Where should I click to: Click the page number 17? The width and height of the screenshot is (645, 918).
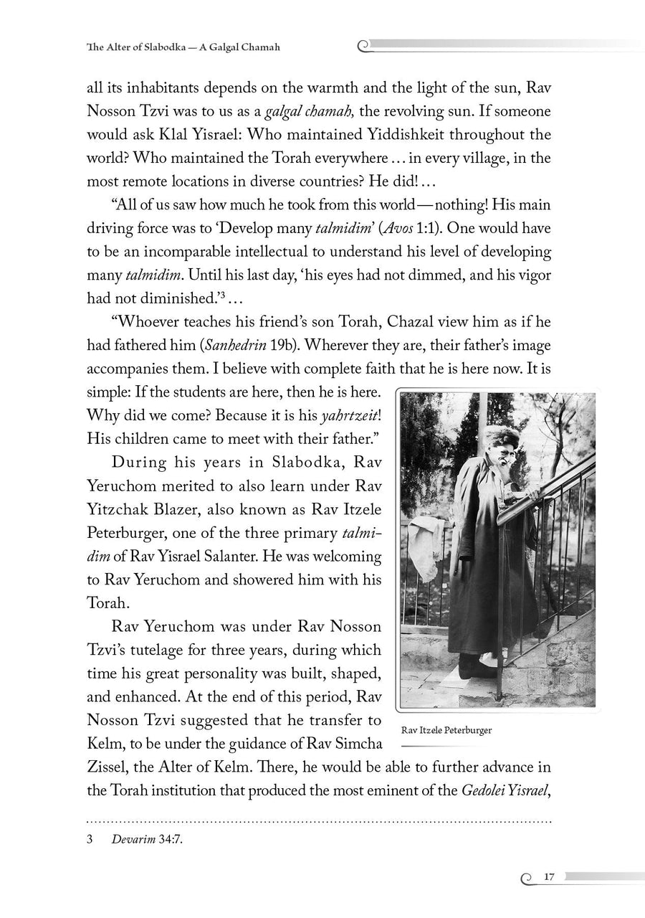click(550, 876)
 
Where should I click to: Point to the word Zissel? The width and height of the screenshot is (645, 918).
click(107, 767)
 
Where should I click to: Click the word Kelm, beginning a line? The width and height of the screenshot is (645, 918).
click(106, 743)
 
